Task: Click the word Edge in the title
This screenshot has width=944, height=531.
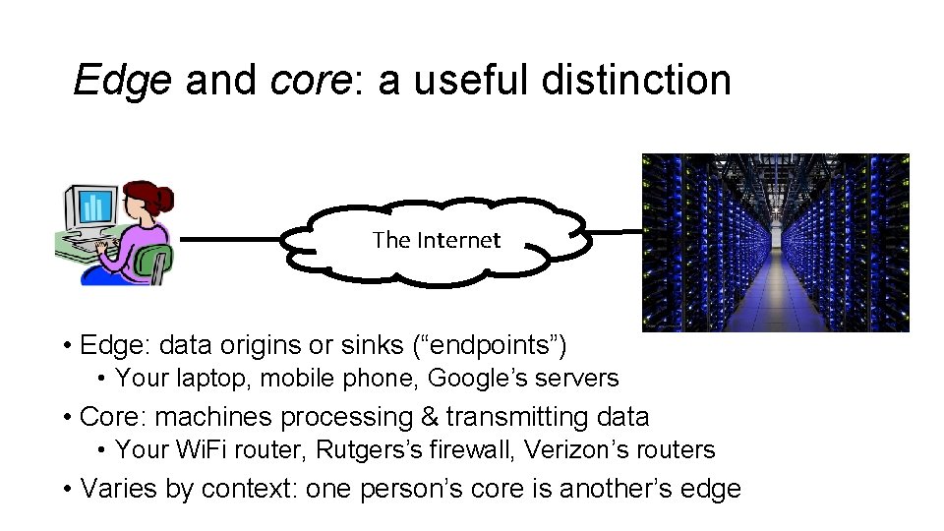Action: tap(122, 81)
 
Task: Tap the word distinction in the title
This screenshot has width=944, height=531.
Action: tap(636, 81)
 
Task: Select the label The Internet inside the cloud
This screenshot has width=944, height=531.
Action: tap(437, 240)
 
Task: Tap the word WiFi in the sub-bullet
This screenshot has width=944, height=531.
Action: tap(204, 450)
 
